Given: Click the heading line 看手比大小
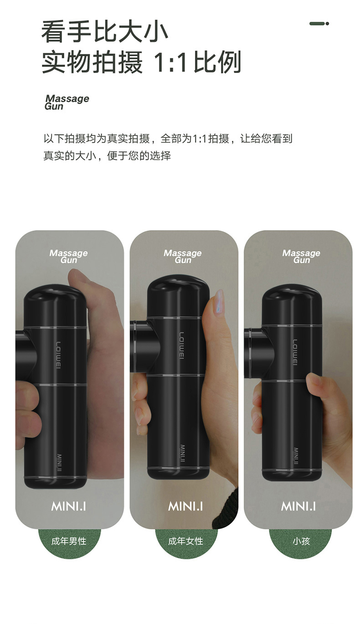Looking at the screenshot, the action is click(x=104, y=31).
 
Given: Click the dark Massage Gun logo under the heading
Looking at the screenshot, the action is click(x=67, y=102).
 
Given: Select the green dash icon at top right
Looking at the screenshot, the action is click(x=319, y=24).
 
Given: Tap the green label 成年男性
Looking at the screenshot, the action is click(x=69, y=541).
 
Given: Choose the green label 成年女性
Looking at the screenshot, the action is click(x=185, y=541).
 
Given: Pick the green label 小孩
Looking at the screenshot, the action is click(x=301, y=541).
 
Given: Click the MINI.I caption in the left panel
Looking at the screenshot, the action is click(x=68, y=506).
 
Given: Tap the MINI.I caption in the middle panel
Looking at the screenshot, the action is click(x=185, y=506).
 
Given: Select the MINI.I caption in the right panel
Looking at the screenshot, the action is click(x=298, y=506).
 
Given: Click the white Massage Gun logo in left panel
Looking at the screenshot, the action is click(x=68, y=256).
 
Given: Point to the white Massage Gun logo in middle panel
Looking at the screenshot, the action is click(x=183, y=256).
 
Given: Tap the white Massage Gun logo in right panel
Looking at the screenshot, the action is click(x=301, y=256).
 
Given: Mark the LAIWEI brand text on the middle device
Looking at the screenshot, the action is click(x=181, y=345).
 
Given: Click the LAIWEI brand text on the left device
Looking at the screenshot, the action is click(x=58, y=355).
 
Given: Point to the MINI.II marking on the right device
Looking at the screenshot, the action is click(x=296, y=456).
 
